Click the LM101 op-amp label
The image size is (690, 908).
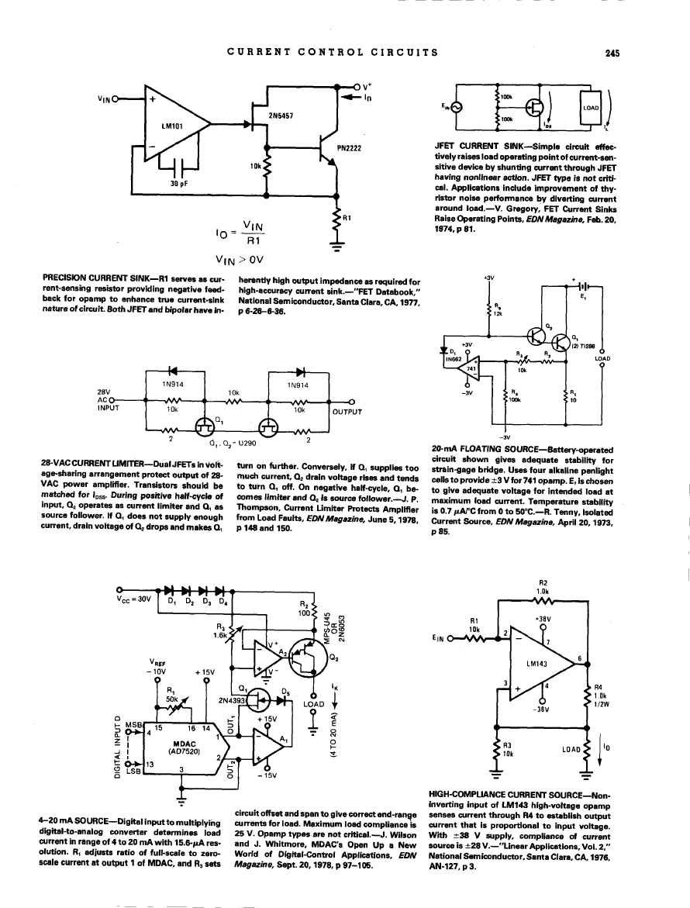171,125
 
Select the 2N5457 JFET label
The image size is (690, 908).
280,116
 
